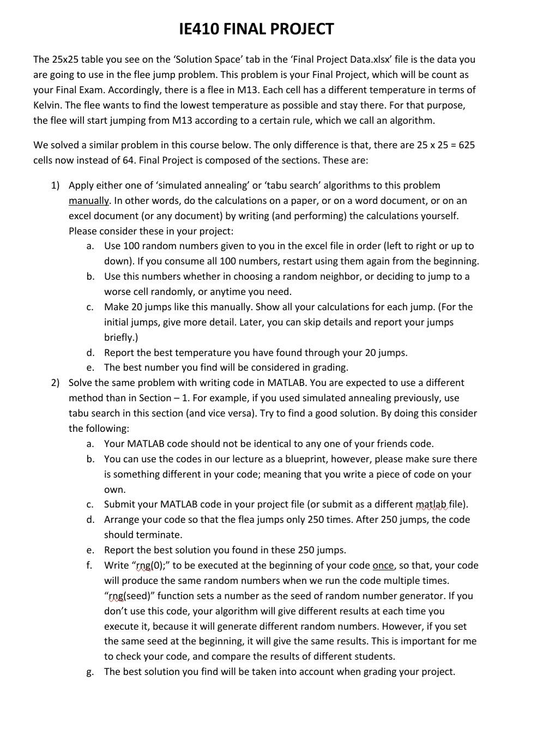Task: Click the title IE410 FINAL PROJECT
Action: (256, 29)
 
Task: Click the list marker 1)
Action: (55, 185)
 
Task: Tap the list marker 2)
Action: (55, 383)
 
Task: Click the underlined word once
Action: (383, 565)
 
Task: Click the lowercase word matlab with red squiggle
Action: (431, 504)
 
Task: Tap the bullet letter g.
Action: (89, 672)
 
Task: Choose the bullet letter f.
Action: (89, 565)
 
